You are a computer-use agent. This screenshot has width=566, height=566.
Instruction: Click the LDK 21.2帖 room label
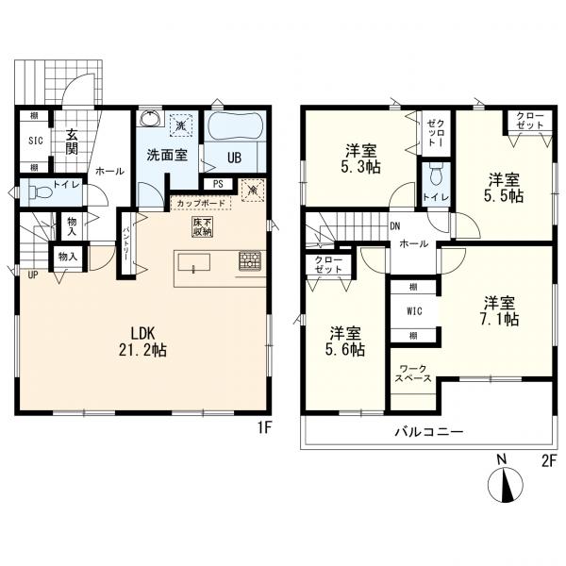143,341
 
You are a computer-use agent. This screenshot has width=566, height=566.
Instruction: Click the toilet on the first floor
40,192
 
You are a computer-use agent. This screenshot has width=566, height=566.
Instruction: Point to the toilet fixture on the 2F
437,174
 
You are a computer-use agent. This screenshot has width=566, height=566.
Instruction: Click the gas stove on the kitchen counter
249,261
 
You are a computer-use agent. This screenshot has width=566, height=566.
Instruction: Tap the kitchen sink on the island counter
193,262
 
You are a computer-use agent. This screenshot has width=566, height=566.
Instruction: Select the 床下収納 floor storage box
203,227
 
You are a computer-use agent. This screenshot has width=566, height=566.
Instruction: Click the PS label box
219,184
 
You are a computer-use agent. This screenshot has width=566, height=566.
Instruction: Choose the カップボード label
201,203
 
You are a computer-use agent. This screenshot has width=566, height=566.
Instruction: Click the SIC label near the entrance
36,141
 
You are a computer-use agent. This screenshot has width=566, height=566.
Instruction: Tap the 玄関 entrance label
72,141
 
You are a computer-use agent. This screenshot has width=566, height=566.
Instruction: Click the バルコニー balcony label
429,432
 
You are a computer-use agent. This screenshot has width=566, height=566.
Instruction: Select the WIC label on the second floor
414,310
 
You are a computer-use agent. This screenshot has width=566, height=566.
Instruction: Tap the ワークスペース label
413,374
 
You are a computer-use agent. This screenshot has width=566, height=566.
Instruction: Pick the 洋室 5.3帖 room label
361,158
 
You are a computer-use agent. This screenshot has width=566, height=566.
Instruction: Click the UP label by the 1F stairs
33,275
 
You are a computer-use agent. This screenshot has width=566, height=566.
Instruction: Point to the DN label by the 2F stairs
395,226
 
